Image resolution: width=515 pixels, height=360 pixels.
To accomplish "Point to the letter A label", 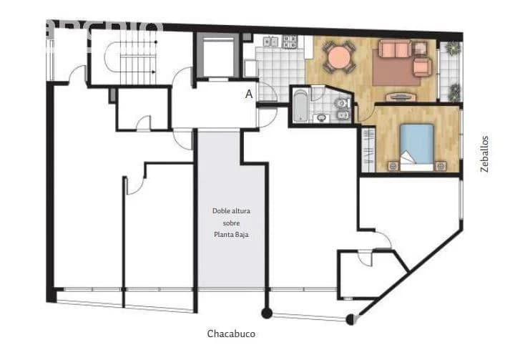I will [249, 94].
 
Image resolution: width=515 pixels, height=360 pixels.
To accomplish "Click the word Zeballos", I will [485, 155].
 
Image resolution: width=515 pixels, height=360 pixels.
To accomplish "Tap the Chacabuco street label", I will [231, 334].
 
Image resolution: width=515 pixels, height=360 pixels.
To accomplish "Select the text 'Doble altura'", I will [231, 210].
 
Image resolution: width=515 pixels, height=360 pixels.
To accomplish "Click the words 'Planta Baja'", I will [231, 234].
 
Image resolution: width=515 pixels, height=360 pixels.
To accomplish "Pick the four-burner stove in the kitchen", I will [289, 42].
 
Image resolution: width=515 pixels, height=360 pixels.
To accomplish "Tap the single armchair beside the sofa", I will [423, 67].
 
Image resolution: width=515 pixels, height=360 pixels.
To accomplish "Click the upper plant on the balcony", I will [451, 49].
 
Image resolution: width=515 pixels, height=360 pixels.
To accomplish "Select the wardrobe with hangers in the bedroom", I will [368, 149].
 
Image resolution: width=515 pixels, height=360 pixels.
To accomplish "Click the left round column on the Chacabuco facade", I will [267, 313].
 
